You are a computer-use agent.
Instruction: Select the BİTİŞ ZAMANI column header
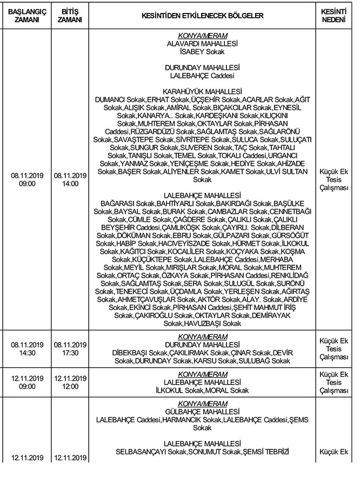71,15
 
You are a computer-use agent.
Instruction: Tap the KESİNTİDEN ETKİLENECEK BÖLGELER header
202,16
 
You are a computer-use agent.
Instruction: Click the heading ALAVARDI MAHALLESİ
202,44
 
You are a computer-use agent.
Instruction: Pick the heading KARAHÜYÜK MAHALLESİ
202,92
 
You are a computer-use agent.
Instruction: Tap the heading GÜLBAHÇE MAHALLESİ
202,410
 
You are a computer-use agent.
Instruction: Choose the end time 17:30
70,353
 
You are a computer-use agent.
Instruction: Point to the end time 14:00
70,184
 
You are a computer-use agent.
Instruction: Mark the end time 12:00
70,386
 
